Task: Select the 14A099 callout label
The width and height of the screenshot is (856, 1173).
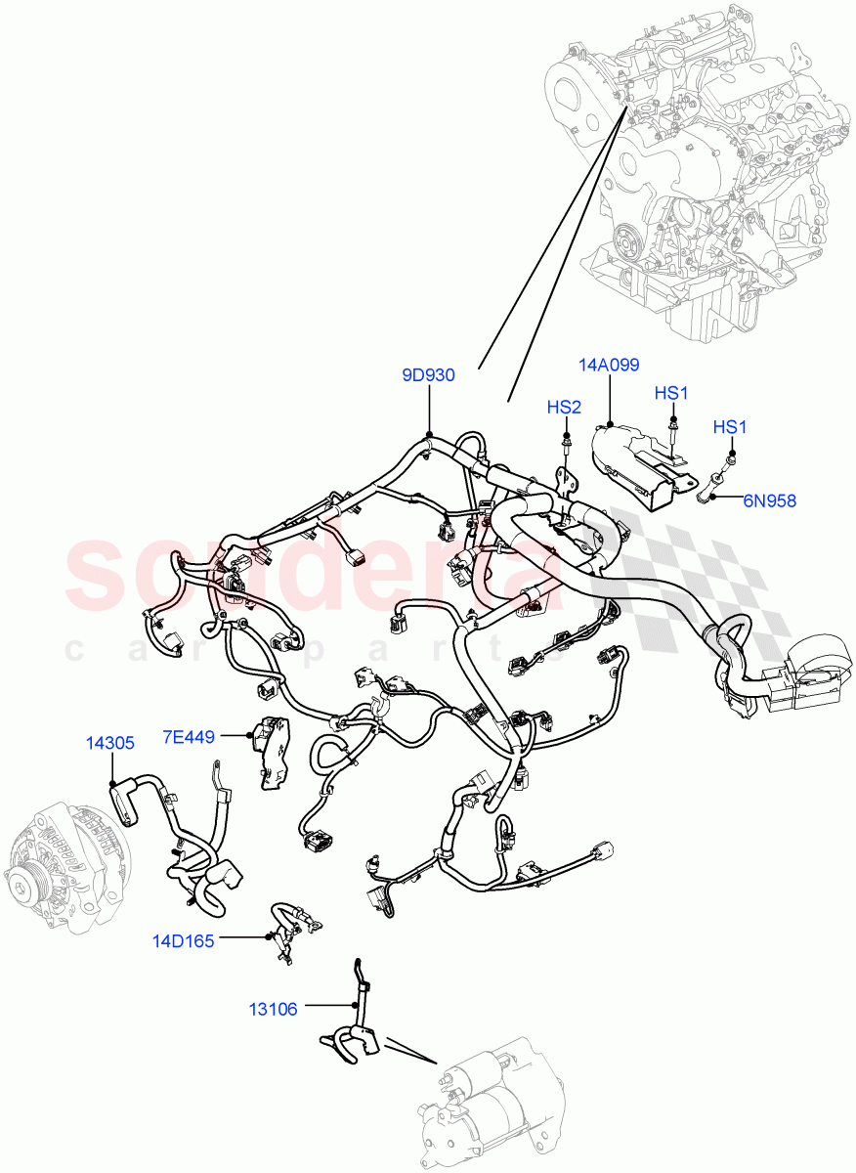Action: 608,365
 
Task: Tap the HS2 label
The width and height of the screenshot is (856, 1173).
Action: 564,408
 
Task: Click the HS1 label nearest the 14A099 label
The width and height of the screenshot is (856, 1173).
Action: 671,393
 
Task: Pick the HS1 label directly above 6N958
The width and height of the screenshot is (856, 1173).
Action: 730,427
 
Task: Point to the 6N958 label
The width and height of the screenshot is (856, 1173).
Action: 769,501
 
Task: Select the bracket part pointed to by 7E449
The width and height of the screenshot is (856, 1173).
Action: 271,748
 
